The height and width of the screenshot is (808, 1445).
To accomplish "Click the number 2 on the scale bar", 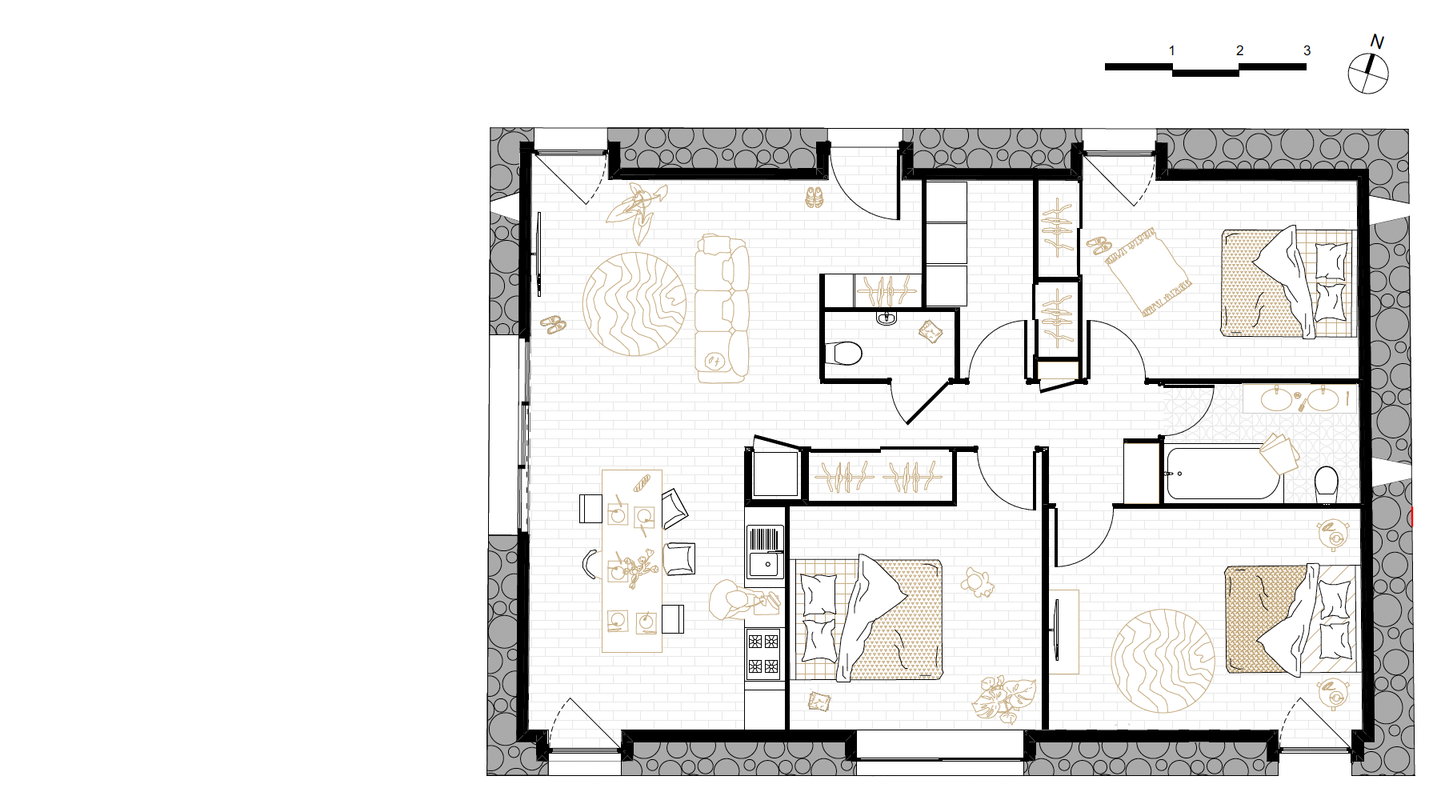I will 1239,50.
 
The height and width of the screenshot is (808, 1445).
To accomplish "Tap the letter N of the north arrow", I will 1377,42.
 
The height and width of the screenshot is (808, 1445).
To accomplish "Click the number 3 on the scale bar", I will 1307,50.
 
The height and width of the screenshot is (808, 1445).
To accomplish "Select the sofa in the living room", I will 721,308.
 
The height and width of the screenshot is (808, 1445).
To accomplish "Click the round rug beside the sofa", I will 634,304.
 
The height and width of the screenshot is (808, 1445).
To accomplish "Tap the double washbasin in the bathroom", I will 1300,399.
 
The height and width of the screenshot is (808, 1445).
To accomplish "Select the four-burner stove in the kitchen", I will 763,654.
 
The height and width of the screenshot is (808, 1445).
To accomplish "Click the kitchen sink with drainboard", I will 765,551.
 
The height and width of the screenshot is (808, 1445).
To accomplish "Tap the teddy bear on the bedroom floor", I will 978,582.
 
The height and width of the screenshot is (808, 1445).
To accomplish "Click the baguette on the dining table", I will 642,483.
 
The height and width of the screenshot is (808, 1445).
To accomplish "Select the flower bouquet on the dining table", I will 637,569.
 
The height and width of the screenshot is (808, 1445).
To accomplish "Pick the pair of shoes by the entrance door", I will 814,197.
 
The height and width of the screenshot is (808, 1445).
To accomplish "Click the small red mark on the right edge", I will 1412,517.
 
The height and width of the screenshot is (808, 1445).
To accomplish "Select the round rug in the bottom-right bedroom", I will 1163,661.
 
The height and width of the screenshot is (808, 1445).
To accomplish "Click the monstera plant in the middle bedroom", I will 1003,698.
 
